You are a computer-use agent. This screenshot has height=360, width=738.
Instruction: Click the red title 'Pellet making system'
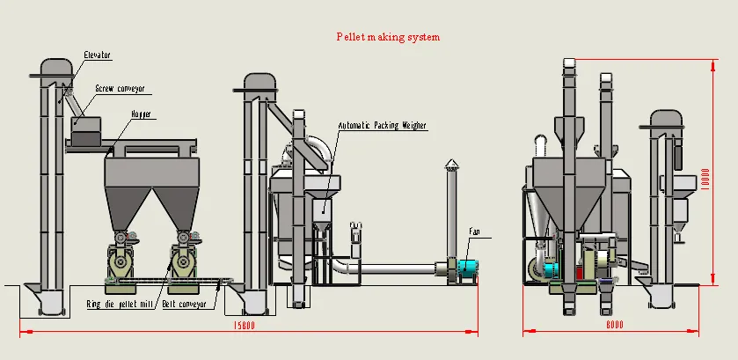coord(387,37)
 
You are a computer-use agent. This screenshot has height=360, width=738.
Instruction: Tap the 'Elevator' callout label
coord(97,55)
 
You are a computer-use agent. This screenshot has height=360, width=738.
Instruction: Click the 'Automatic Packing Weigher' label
coord(383,126)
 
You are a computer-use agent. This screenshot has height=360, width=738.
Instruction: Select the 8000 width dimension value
coord(614,325)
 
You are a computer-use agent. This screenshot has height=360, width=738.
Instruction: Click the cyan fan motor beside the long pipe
coord(466,269)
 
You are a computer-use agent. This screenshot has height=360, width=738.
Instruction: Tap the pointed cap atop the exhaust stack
coord(451,164)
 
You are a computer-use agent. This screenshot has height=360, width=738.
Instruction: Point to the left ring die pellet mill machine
coord(121,260)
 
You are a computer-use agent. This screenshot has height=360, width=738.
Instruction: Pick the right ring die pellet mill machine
coord(182,260)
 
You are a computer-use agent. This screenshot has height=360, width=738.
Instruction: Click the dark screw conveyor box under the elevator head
coord(85,132)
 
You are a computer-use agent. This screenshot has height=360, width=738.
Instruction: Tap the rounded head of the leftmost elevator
coord(56,68)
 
